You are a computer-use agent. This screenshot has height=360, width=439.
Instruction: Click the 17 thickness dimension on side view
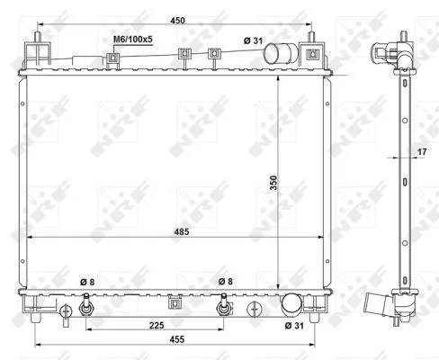click(x=422, y=153)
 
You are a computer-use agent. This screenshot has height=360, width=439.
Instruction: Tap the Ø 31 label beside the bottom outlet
click(x=294, y=326)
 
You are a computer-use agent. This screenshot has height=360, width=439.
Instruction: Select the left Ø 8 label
click(x=85, y=283)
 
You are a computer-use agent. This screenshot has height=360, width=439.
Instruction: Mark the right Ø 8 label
click(x=225, y=283)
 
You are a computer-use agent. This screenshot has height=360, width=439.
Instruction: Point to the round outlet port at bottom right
click(x=292, y=304)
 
